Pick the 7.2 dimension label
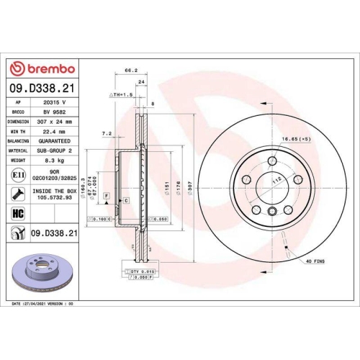click(x=107, y=132)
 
